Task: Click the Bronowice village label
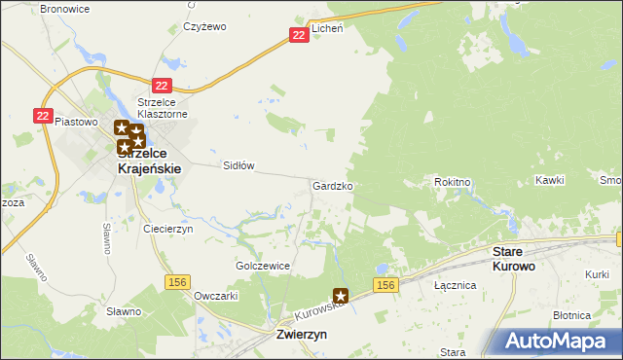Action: (64, 8)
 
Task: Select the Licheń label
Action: (328, 28)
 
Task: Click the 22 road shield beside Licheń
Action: (299, 35)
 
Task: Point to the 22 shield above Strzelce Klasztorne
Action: (162, 86)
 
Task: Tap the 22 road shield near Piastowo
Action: (42, 115)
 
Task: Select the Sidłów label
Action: (238, 165)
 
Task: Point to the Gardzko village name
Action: (332, 185)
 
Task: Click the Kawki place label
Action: (549, 181)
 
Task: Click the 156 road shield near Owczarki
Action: (177, 281)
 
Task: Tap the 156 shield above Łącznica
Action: (385, 284)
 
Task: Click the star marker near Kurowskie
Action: (341, 295)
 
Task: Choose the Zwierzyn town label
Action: (295, 334)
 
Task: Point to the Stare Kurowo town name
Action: (513, 258)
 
